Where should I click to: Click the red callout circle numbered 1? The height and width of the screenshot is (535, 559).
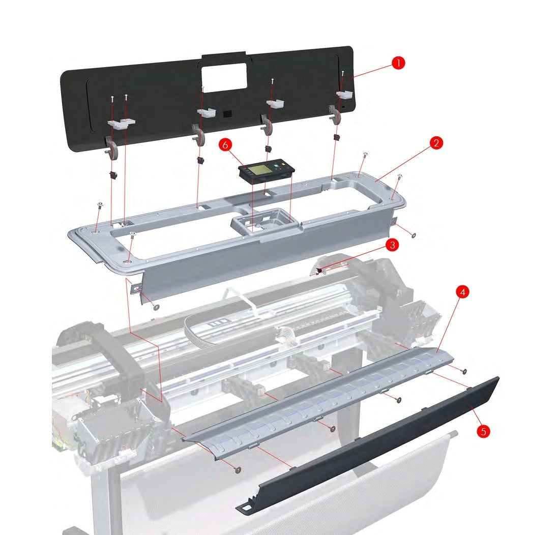point(398,63)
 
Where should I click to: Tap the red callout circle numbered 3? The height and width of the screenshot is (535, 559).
point(391,245)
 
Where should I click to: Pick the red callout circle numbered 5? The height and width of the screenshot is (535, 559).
point(483,431)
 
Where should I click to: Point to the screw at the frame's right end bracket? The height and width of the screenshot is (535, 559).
point(413,236)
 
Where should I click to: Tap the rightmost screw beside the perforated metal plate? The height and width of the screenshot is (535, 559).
point(463,371)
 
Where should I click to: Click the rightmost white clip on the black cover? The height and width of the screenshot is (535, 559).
point(345,95)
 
